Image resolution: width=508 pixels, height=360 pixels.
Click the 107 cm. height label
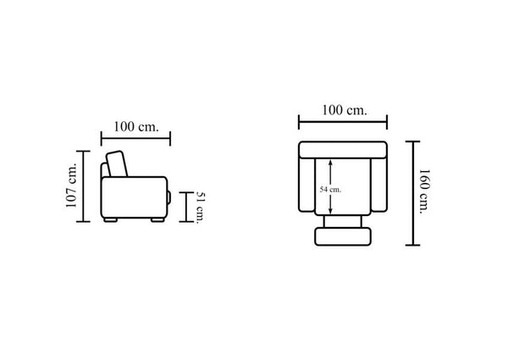tap(72, 185)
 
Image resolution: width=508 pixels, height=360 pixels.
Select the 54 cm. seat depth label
tap(330, 190)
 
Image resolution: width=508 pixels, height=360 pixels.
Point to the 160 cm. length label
tap(424, 191)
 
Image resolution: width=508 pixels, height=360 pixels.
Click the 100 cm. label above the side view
tap(136, 126)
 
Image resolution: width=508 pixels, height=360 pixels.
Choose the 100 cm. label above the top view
tap(345, 110)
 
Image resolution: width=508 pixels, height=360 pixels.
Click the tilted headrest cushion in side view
tap(117, 163)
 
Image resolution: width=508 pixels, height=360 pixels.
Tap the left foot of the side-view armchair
tap(110, 219)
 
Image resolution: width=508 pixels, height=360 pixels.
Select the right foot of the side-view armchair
tap(157, 219)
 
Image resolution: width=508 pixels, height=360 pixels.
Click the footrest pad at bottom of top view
tap(343, 236)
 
